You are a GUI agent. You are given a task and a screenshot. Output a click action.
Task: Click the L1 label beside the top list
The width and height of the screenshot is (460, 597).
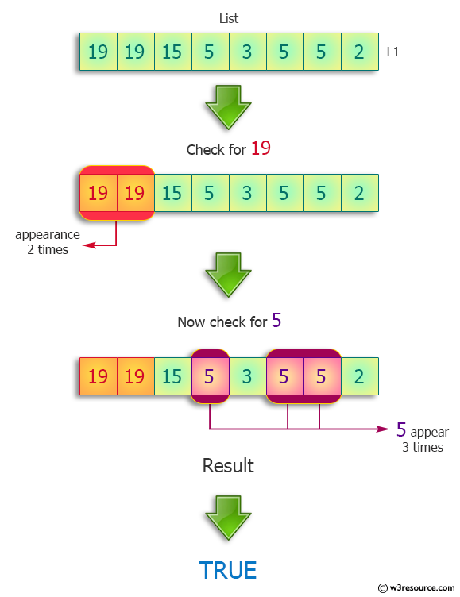392,52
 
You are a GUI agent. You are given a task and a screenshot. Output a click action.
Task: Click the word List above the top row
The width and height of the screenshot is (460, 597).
229,18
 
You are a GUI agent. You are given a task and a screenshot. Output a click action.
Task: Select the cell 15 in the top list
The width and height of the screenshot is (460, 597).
172,52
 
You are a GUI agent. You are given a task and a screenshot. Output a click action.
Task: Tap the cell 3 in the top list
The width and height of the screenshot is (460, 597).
247,52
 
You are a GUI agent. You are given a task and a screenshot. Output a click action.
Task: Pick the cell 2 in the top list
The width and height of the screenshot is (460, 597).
360,52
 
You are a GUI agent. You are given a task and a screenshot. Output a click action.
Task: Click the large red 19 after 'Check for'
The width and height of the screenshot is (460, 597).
261,148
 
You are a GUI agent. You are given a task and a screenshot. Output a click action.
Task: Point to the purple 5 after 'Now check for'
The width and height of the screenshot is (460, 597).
276,320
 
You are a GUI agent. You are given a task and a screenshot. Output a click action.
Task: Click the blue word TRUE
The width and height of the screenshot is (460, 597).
228,571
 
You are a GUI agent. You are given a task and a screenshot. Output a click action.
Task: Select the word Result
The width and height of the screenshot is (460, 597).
228,465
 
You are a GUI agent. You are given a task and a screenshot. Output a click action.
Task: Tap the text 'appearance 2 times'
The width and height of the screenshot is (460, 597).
48,242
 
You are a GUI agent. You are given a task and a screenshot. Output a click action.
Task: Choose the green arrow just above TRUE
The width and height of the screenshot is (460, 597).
228,517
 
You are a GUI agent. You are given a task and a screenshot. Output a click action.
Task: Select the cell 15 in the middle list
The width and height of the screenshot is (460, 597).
172,193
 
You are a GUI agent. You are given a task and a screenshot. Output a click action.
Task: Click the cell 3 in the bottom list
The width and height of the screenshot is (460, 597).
247,376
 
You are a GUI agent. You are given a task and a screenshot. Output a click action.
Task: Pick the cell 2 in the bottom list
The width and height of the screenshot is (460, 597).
360,376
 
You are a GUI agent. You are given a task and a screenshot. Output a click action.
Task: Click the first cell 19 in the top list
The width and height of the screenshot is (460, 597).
99,52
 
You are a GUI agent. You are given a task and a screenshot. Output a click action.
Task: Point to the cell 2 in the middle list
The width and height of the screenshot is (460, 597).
360,193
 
